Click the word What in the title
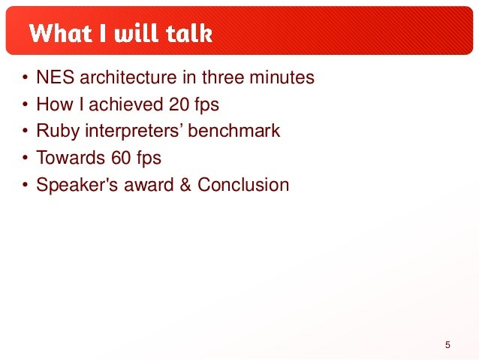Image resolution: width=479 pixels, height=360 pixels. (60, 33)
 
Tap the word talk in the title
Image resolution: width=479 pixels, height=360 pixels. (189, 33)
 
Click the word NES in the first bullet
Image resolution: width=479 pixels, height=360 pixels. (56, 77)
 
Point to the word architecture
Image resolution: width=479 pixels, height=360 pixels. (128, 77)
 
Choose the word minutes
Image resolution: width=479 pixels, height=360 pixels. (282, 77)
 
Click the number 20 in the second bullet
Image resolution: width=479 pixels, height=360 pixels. (179, 104)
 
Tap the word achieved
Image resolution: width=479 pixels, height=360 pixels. (126, 104)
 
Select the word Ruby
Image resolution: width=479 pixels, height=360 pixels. (58, 132)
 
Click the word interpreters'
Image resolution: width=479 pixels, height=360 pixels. (134, 132)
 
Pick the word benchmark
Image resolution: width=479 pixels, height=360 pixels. (233, 131)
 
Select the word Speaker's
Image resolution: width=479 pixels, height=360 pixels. (77, 185)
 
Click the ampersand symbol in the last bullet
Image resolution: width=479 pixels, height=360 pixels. (185, 185)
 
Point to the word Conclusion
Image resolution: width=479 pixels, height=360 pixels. (243, 185)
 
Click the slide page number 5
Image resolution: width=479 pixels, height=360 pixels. (447, 345)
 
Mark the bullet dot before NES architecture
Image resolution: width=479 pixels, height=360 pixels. (25, 77)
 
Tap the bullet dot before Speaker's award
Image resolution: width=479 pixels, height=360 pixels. (25, 185)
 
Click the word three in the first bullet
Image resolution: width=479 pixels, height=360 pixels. (223, 77)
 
